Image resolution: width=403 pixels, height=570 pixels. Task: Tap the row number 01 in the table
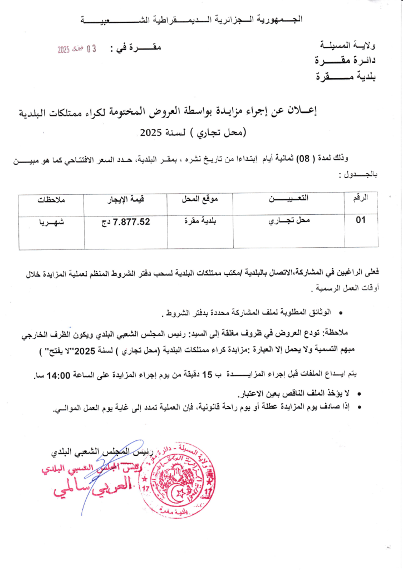coord(361,220)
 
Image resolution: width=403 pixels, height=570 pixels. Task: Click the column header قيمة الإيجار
coord(132,199)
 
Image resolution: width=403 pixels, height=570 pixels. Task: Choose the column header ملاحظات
coord(52,199)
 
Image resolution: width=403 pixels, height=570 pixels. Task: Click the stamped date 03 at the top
coord(91,49)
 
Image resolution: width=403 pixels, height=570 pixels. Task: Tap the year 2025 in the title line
coord(151,133)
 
